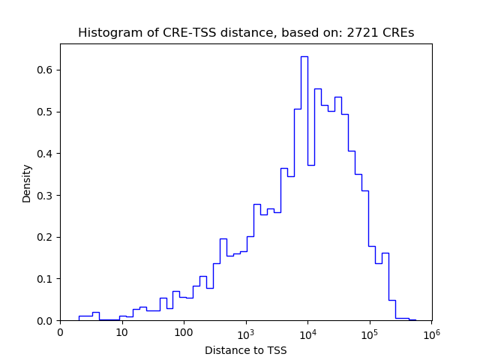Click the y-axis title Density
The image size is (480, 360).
pos(27,183)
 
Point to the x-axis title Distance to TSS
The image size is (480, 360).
pos(245,350)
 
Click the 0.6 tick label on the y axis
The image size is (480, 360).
pos(44,70)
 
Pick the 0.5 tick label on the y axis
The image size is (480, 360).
pos(44,112)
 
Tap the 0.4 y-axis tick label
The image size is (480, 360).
pos(44,154)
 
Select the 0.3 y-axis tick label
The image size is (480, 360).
pos(44,196)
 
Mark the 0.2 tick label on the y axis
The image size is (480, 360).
pos(44,237)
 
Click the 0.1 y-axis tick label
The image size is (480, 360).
pos(44,279)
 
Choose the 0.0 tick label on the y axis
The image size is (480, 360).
pos(44,321)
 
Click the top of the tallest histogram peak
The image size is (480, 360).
pos(304,56)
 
